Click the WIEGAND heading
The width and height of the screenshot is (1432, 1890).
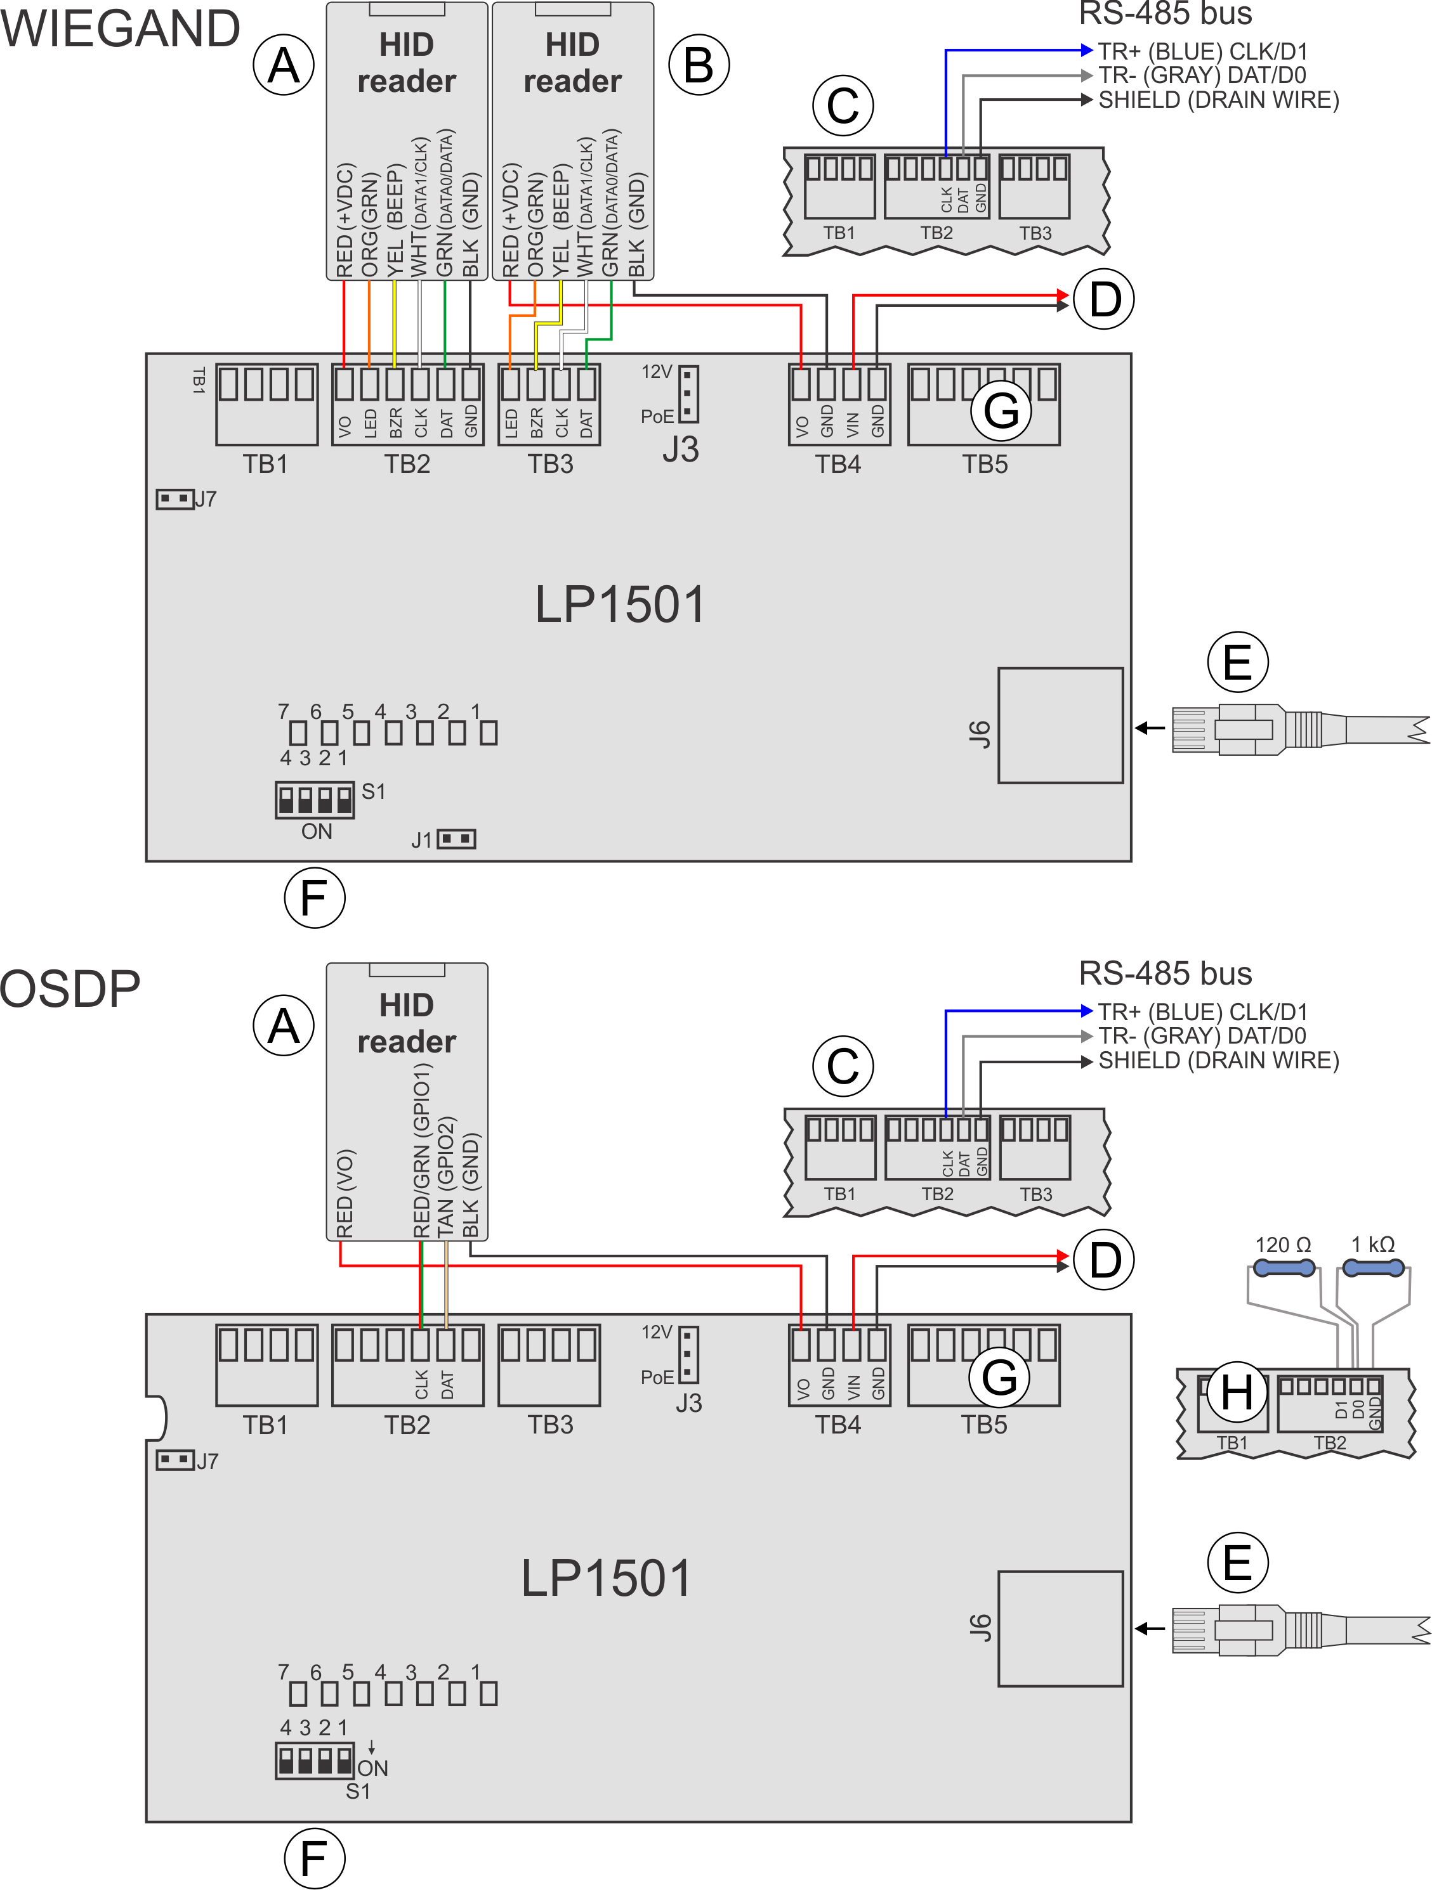point(120,28)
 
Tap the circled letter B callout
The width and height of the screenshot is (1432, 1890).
point(699,65)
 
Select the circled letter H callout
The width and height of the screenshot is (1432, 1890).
point(1236,1392)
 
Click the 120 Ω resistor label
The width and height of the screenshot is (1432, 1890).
point(1282,1245)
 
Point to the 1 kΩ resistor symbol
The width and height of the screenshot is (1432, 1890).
point(1373,1268)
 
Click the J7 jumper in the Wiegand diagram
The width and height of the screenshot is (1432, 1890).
point(175,498)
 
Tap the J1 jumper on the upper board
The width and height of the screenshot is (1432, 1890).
point(456,839)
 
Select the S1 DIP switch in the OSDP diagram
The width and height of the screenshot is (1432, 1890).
point(315,1760)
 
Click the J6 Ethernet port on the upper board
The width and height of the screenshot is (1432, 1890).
point(1060,725)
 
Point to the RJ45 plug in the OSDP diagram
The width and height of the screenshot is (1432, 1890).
point(1231,1629)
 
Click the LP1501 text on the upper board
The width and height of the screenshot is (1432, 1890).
point(620,605)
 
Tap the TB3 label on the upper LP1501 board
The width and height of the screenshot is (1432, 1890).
point(549,464)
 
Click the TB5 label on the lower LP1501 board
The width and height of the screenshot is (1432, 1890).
point(984,1425)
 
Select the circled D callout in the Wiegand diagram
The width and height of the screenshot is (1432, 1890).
point(1105,300)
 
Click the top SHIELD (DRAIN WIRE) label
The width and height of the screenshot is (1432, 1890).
point(1218,101)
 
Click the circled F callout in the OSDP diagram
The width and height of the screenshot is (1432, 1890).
point(314,1858)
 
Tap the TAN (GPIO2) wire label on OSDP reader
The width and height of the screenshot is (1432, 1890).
point(445,1175)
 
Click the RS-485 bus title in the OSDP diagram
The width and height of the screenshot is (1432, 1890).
point(1166,973)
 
